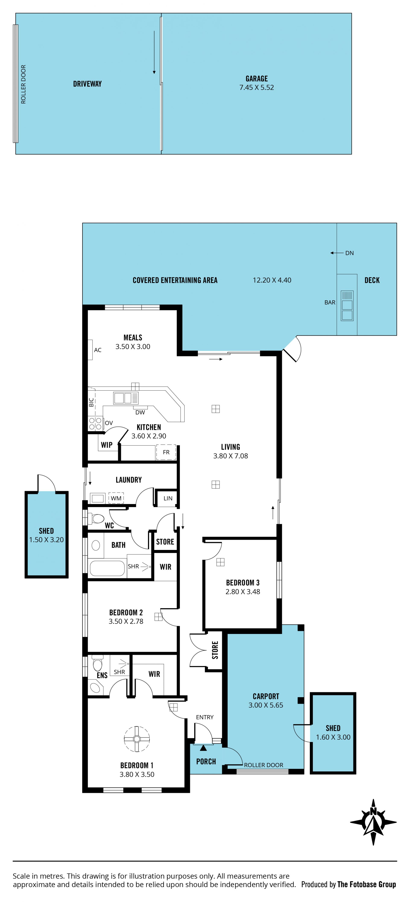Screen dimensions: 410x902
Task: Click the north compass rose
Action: [x=373, y=822]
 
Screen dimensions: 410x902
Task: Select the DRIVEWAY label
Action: [x=88, y=84]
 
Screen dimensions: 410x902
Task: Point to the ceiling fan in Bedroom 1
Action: [x=137, y=739]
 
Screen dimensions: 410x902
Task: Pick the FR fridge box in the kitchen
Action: [x=166, y=452]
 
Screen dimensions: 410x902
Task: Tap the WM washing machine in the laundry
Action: [x=116, y=498]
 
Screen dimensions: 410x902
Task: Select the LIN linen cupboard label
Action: [x=168, y=498]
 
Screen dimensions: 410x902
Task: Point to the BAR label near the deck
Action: [x=330, y=302]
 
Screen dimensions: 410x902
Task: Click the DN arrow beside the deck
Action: [x=337, y=253]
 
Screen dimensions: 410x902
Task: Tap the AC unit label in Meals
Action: [x=98, y=350]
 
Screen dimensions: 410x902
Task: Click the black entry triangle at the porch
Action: [x=203, y=748]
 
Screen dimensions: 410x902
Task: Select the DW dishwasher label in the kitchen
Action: [x=140, y=412]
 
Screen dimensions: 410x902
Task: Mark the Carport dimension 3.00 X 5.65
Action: [x=266, y=705]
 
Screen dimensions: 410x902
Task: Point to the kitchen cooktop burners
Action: [x=95, y=423]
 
